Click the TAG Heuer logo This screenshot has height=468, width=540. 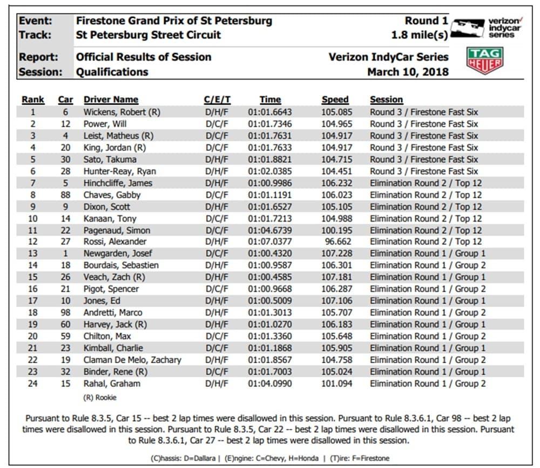pos(484,61)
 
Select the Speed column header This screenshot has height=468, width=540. pos(335,99)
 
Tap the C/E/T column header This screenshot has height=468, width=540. pos(217,99)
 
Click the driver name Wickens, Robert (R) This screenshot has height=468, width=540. pos(122,112)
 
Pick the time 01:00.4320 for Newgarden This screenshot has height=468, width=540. pos(270,253)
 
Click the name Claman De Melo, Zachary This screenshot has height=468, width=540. pos(132,360)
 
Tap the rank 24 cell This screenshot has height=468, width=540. pos(33,384)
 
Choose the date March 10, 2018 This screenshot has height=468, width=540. pos(408,72)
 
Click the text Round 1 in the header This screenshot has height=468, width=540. pos(427,21)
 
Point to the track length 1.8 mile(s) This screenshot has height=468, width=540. pos(420,35)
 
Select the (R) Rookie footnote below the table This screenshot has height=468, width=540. pos(100,398)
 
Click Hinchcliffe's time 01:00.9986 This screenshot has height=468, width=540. pos(270,183)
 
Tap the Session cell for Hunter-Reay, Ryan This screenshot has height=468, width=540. pos(423,171)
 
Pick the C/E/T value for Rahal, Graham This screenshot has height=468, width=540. pos(217,384)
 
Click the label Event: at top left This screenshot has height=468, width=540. pos(36,21)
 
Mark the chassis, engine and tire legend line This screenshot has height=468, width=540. pos(270,458)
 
